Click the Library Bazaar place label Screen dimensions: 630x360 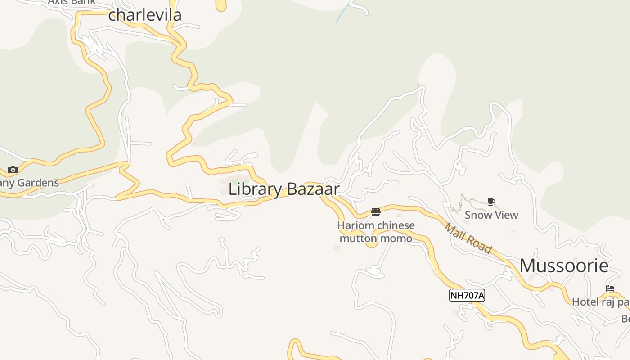pos(284,189)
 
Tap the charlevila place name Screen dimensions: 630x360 pos(145,15)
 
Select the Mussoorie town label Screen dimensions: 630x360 pos(564,265)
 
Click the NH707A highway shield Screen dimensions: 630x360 pos(467,295)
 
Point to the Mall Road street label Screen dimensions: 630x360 pos(468,238)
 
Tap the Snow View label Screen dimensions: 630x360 pos(491,215)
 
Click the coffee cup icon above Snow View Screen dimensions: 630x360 pos(491,202)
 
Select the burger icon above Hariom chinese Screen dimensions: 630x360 pos(376,212)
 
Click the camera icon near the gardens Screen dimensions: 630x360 pos(13,170)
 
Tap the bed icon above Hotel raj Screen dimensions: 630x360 pos(610,288)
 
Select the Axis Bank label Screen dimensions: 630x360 pos(72,2)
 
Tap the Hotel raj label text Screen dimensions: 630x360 pos(601,301)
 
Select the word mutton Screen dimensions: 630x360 pos(358,238)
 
